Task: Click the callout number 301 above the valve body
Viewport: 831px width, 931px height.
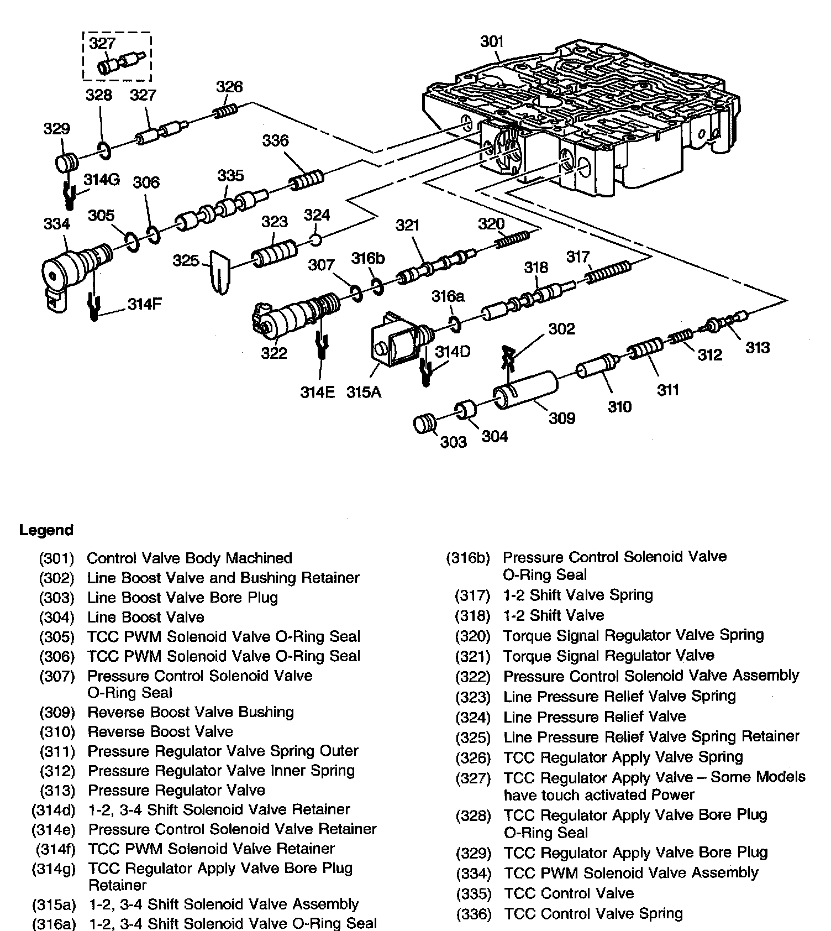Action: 491,41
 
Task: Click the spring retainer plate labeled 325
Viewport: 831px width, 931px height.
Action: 219,271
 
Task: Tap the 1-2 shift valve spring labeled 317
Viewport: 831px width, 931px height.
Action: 608,271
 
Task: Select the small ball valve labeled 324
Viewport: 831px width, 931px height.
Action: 315,240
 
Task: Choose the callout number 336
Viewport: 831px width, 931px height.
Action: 275,141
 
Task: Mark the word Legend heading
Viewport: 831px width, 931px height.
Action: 46,530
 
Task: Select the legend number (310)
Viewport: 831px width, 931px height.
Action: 57,732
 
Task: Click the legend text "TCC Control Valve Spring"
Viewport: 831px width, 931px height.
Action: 593,913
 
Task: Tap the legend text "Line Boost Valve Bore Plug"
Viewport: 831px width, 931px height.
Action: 182,598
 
